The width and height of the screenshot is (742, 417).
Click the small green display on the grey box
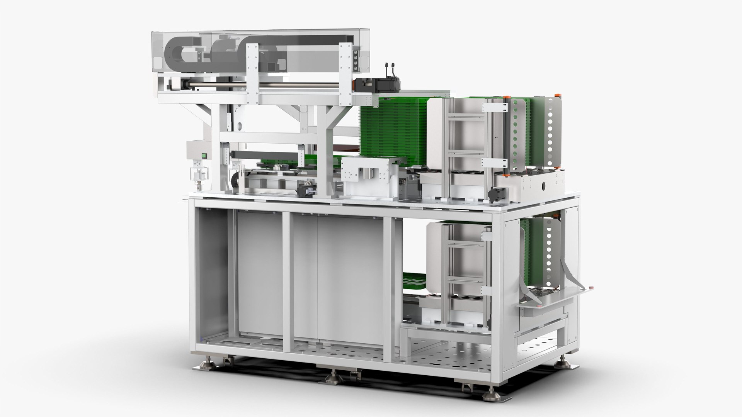[204, 156]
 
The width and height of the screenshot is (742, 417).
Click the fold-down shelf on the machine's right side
[556, 295]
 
